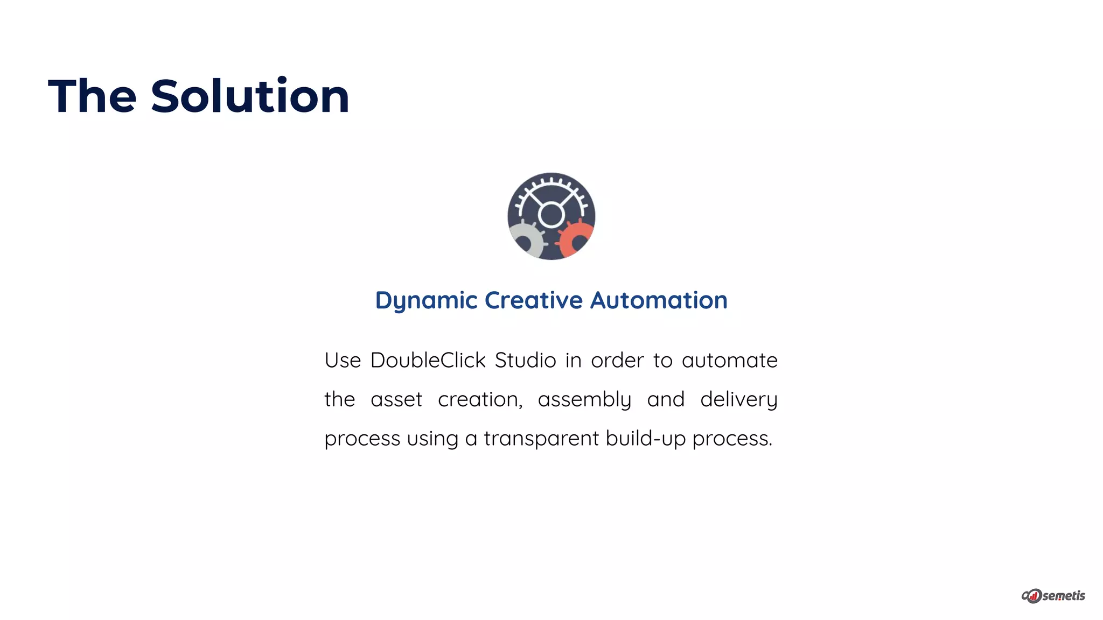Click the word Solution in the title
[x=250, y=97]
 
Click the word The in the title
[x=92, y=97]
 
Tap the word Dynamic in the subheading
[x=426, y=300]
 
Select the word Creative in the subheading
[x=533, y=300]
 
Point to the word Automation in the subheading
[x=659, y=300]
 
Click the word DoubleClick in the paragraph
[x=428, y=360]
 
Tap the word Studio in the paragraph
[x=525, y=360]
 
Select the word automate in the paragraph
[x=729, y=360]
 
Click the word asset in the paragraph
[x=396, y=399]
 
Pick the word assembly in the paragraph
[x=584, y=399]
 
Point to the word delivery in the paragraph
[x=738, y=399]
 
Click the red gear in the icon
[x=575, y=239]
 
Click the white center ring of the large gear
[x=551, y=215]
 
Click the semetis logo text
[x=1063, y=596]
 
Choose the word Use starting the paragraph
[x=343, y=360]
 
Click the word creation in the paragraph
[x=480, y=399]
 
